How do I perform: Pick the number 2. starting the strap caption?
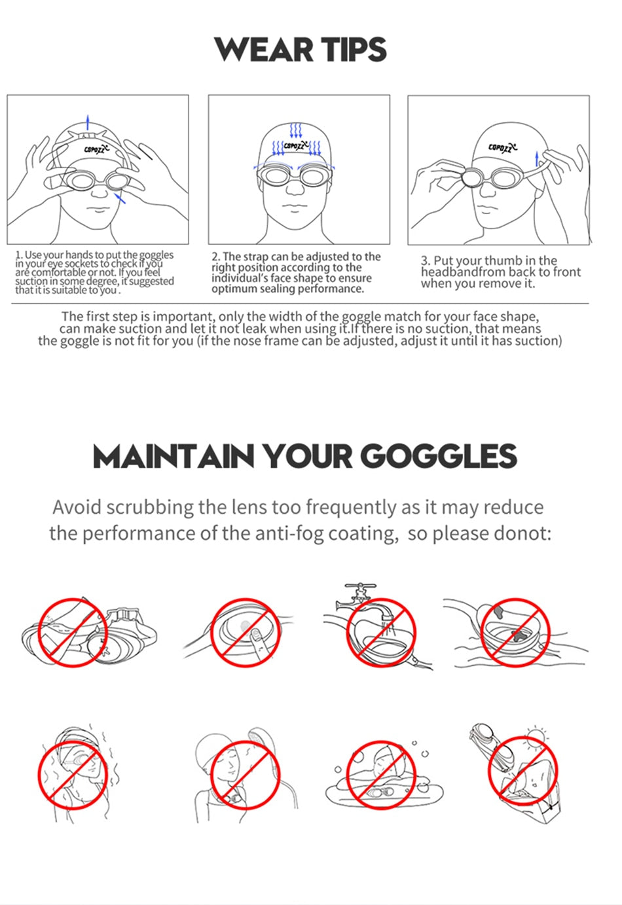tap(216, 257)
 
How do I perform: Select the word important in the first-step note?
tap(183, 317)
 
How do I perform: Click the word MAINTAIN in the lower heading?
tap(173, 457)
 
